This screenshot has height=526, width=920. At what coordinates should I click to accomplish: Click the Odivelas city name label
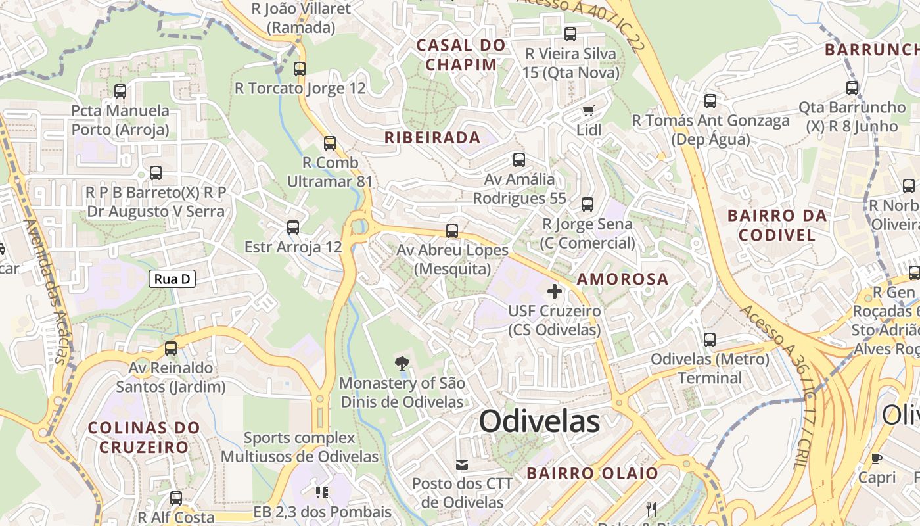pyautogui.click(x=539, y=421)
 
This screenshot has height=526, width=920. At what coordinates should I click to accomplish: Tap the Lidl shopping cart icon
pyautogui.click(x=588, y=110)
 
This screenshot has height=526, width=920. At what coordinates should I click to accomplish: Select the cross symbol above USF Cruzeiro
pyautogui.click(x=555, y=291)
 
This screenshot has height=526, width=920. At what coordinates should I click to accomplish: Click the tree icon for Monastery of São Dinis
pyautogui.click(x=402, y=363)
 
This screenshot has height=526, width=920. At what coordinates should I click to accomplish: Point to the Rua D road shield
pyautogui.click(x=172, y=279)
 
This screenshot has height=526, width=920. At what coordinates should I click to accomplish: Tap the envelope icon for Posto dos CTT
pyautogui.click(x=462, y=465)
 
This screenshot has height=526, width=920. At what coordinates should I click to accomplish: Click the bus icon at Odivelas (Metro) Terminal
pyautogui.click(x=710, y=340)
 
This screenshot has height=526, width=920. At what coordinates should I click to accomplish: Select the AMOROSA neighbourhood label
pyautogui.click(x=622, y=279)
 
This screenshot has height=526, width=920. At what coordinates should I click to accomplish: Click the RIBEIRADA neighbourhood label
pyautogui.click(x=432, y=138)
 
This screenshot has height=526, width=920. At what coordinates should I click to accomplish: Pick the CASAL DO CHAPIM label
pyautogui.click(x=461, y=55)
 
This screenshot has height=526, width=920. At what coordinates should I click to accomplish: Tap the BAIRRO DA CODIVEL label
pyautogui.click(x=776, y=225)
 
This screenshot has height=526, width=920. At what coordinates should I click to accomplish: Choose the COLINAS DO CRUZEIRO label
pyautogui.click(x=144, y=437)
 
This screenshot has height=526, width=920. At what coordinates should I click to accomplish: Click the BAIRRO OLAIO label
pyautogui.click(x=592, y=473)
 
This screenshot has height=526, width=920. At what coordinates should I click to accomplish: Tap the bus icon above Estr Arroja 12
pyautogui.click(x=293, y=227)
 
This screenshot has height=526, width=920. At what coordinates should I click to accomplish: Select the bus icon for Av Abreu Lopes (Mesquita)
pyautogui.click(x=452, y=231)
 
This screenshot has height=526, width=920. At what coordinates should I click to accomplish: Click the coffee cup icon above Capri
pyautogui.click(x=876, y=458)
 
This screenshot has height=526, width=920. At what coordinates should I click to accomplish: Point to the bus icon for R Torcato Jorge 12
pyautogui.click(x=300, y=68)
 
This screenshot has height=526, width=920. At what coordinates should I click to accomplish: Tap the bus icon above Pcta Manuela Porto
pyautogui.click(x=120, y=91)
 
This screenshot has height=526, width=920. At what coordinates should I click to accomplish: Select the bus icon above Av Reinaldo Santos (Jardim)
pyautogui.click(x=171, y=348)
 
